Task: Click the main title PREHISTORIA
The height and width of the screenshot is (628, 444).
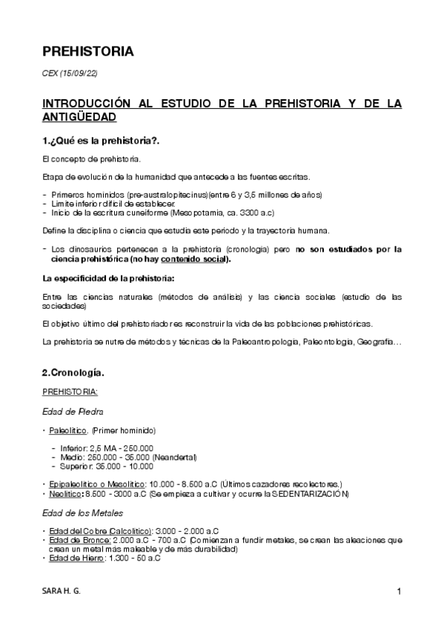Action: point(87,52)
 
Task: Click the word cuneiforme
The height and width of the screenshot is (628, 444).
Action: point(130,212)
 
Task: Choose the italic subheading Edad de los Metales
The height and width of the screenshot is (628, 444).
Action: point(82,512)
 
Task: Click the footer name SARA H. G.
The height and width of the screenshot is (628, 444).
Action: point(62,591)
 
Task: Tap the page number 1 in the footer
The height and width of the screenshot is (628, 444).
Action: point(399,591)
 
